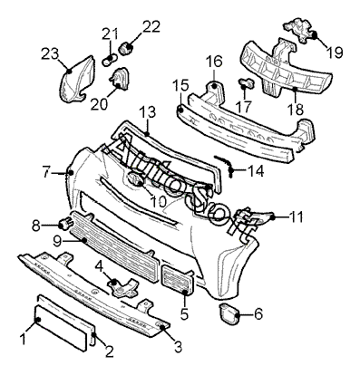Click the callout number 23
pyautogui.click(x=49, y=54)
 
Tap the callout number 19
pyautogui.click(x=335, y=53)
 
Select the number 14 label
pyautogui.click(x=256, y=171)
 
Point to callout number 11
pyautogui.click(x=296, y=216)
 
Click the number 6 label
pyautogui.click(x=258, y=314)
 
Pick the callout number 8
pyautogui.click(x=36, y=226)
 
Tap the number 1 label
pyautogui.click(x=23, y=339)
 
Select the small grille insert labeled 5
pyautogui.click(x=178, y=279)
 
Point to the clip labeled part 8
pyautogui.click(x=66, y=224)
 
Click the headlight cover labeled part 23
pyautogui.click(x=75, y=80)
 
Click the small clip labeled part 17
pyautogui.click(x=248, y=82)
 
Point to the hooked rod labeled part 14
pyautogui.click(x=225, y=166)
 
